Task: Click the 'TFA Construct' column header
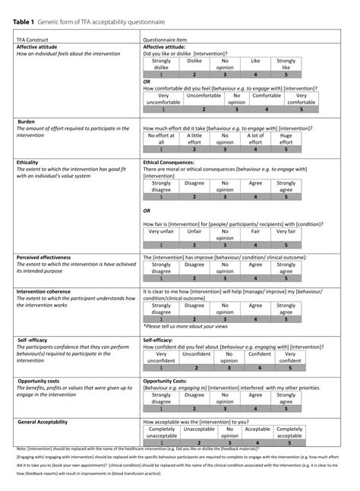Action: (33, 39)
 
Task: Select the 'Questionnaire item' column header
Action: (168, 39)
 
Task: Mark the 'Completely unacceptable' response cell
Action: (162, 433)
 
